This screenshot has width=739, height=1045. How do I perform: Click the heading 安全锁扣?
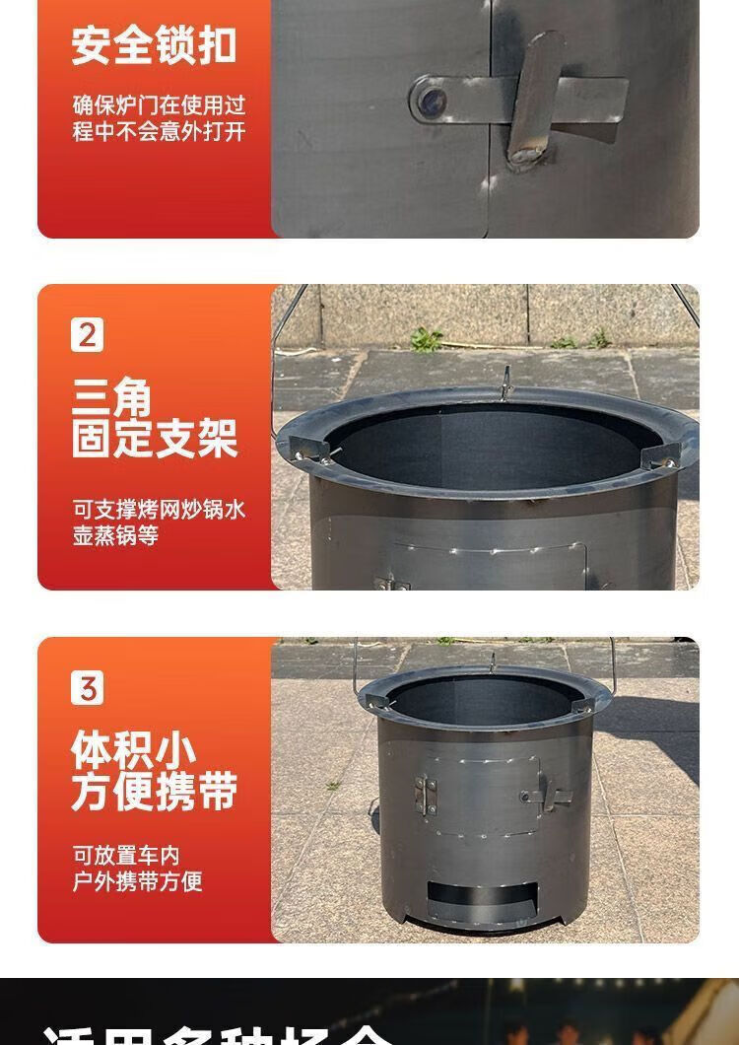tap(154, 45)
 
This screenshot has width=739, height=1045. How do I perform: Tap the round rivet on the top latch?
tap(431, 100)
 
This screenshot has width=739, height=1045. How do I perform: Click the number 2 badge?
tap(87, 335)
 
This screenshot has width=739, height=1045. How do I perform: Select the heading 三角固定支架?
tap(154, 420)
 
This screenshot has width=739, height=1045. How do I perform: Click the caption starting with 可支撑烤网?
tap(158, 522)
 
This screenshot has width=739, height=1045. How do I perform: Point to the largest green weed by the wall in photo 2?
tap(426, 339)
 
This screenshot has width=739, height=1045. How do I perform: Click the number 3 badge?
tap(87, 688)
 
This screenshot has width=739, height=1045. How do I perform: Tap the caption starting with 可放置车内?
tap(138, 869)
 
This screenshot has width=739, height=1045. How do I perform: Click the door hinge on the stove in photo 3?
tap(427, 795)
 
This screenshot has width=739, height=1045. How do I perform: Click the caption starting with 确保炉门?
tap(158, 117)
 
